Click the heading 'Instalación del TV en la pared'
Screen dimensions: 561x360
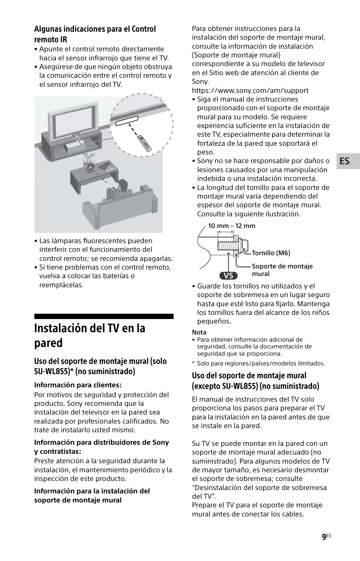90,335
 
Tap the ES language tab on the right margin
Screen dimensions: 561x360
344,161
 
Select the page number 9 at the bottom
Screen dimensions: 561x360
324,537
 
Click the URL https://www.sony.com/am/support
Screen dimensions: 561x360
250,91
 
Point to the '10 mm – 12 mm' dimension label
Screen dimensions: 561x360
231,226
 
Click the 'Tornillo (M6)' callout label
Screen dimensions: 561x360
271,253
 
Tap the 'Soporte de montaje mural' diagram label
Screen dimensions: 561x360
282,270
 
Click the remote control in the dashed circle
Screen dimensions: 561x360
144,143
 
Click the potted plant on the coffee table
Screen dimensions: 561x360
89,162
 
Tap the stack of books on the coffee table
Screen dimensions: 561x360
106,165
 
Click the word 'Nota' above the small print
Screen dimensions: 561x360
199,332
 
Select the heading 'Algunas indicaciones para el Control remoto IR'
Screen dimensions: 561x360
95,34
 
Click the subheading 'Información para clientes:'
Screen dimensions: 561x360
78,385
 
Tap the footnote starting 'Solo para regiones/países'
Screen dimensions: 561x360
260,364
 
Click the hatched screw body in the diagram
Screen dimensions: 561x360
226,246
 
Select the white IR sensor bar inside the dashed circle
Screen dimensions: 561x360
126,121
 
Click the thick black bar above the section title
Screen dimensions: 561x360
104,316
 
